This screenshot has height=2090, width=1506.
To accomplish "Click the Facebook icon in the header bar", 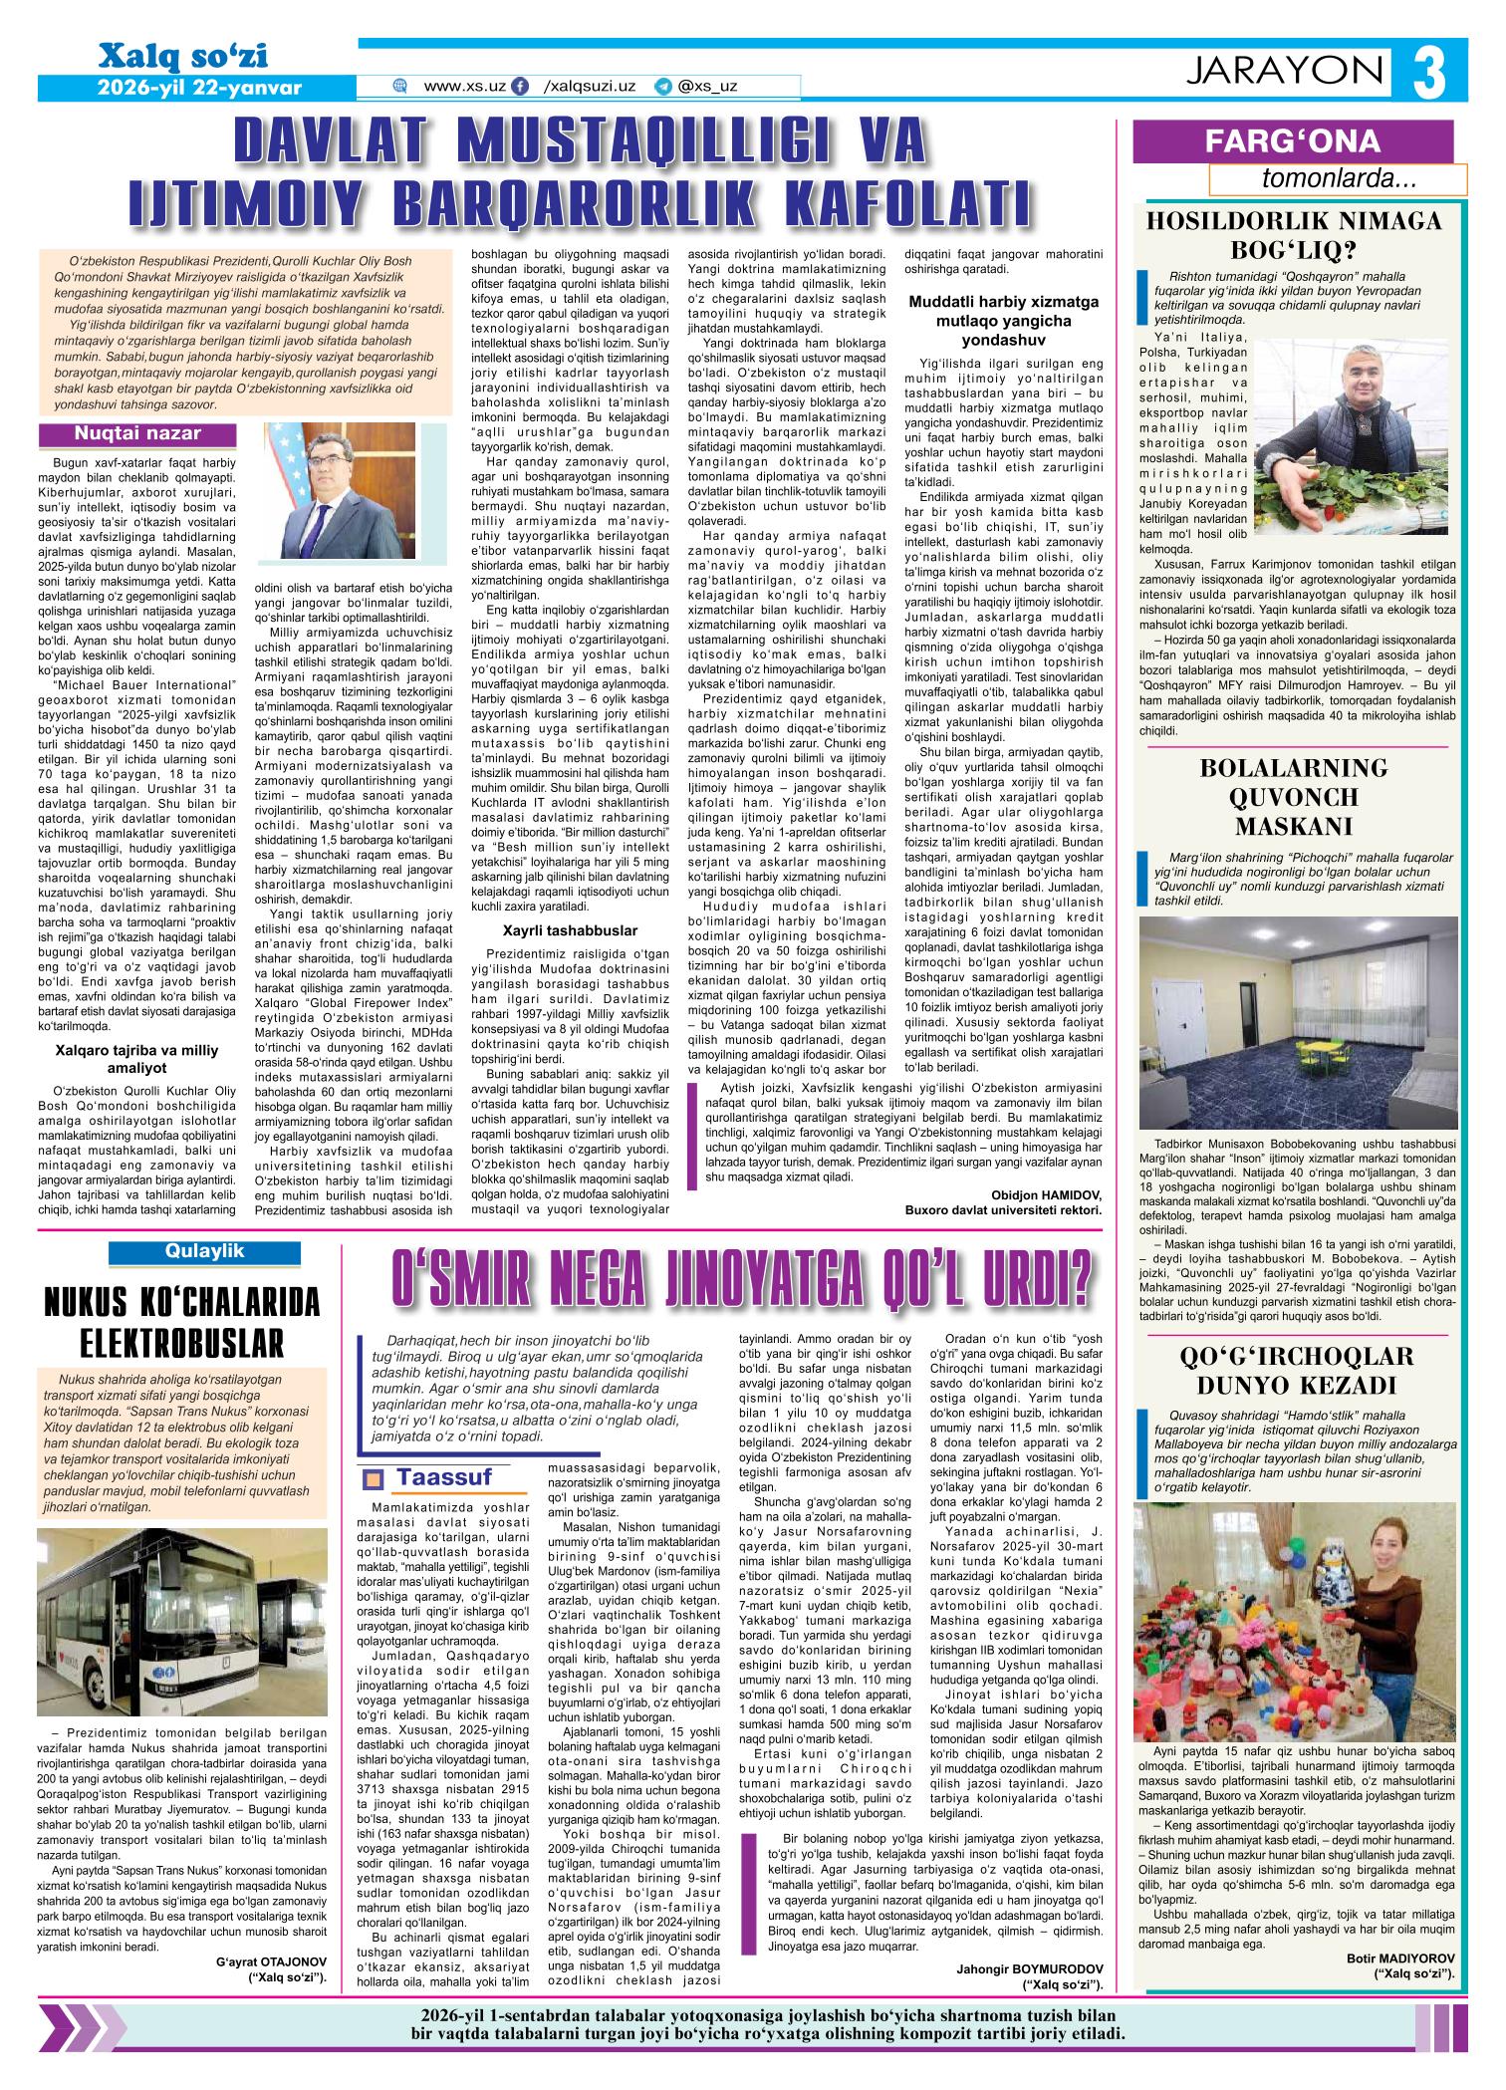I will [519, 87].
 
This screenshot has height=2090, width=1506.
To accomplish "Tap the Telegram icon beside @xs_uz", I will [662, 87].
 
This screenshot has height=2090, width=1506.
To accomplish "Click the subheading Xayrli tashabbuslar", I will [570, 929].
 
